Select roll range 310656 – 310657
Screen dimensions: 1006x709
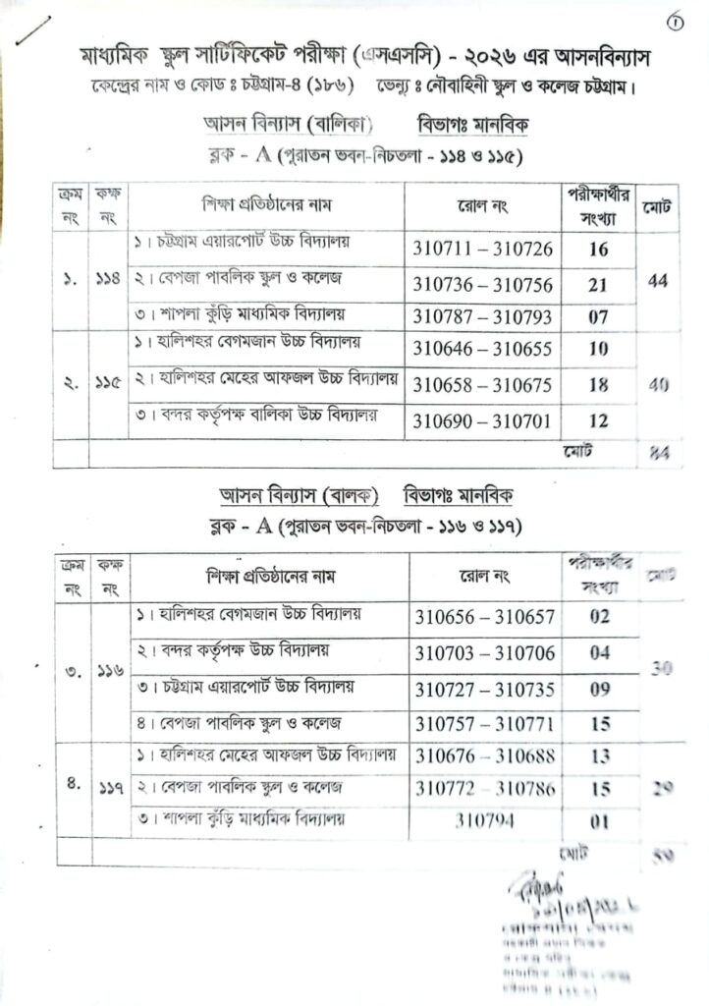click(485, 617)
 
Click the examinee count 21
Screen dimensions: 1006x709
click(599, 284)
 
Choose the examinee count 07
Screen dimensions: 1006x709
click(599, 316)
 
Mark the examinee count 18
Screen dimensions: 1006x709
click(599, 384)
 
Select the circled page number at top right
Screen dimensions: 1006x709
click(674, 23)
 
